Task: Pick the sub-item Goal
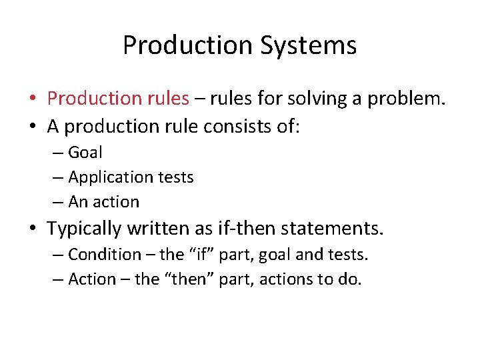[x=85, y=153]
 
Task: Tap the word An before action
[x=77, y=202]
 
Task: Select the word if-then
[x=247, y=229]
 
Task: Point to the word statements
[x=333, y=229]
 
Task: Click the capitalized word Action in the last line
[x=92, y=279]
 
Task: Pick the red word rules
[x=167, y=99]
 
